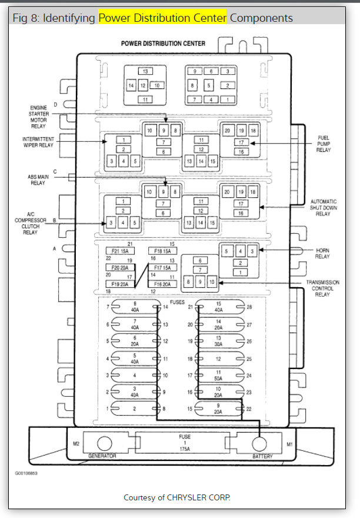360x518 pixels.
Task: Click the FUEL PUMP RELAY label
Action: click(x=323, y=144)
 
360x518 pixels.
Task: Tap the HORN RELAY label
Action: click(x=322, y=254)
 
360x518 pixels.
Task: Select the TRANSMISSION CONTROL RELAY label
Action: click(x=323, y=289)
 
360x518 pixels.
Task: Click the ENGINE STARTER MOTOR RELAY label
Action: click(x=38, y=117)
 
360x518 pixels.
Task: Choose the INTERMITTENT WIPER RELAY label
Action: click(x=38, y=142)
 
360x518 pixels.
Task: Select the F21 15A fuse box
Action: click(x=120, y=251)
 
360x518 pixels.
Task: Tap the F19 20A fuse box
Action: click(x=120, y=284)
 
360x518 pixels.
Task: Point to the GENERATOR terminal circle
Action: click(x=104, y=443)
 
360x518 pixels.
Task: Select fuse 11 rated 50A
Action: click(x=218, y=375)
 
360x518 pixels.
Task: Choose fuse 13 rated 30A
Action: click(x=218, y=341)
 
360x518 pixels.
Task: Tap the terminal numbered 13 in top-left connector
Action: click(x=145, y=71)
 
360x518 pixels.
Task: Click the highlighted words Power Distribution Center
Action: click(x=162, y=18)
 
